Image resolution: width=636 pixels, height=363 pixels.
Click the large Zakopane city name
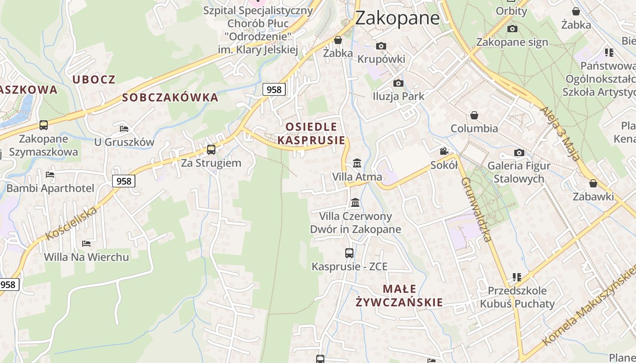[397, 18]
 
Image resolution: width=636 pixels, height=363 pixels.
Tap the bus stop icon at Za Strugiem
[211, 149]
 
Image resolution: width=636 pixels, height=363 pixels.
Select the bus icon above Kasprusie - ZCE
[349, 253]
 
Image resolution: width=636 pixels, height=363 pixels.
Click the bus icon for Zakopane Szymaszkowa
[44, 125]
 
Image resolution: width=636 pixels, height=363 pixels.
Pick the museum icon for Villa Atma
[357, 163]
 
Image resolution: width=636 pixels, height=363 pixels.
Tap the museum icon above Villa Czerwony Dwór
[355, 202]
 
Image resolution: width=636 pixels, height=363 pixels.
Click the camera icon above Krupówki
[381, 46]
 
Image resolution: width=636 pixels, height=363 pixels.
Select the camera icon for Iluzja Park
[398, 83]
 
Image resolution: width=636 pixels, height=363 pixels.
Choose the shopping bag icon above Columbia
[474, 115]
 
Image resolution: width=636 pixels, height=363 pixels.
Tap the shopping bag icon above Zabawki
[593, 183]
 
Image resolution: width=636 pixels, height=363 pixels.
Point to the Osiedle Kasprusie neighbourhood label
[311, 133]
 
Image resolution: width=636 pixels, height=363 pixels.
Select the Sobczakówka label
[170, 98]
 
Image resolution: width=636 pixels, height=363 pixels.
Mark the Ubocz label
[94, 79]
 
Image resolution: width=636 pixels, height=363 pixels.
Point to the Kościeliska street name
[71, 223]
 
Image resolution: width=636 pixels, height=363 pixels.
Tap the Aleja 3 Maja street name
[560, 134]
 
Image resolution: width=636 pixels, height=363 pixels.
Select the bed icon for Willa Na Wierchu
[86, 244]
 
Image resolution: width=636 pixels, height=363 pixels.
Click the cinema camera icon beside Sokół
[444, 152]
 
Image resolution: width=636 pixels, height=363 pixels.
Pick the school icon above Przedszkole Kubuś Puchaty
[517, 276]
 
